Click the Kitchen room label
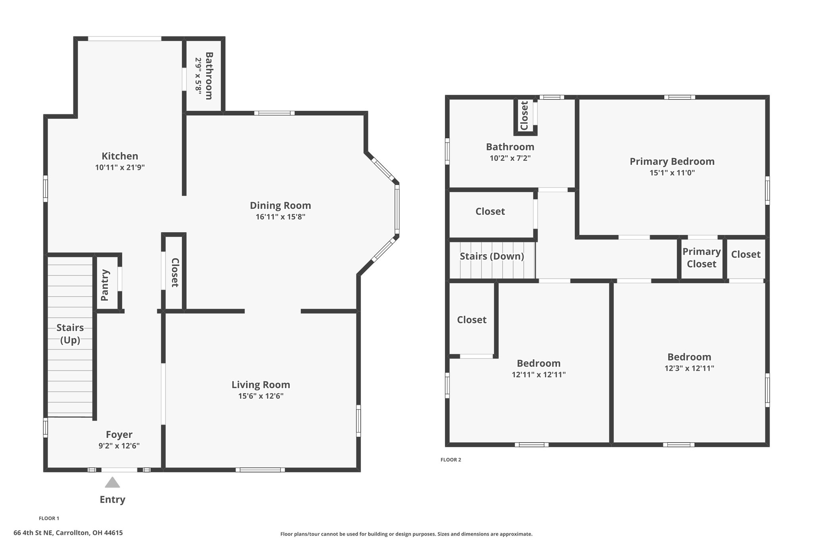pyautogui.click(x=120, y=156)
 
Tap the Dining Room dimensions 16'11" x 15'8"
pyautogui.click(x=280, y=217)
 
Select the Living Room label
pyautogui.click(x=261, y=385)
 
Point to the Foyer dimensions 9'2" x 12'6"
pyautogui.click(x=119, y=446)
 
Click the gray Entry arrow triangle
pyautogui.click(x=112, y=482)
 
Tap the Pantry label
pyautogui.click(x=105, y=285)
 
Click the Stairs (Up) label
pyautogui.click(x=70, y=334)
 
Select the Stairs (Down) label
pyautogui.click(x=492, y=256)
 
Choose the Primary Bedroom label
pyautogui.click(x=672, y=161)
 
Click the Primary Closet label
pyautogui.click(x=701, y=258)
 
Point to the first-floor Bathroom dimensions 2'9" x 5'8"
pyautogui.click(x=198, y=76)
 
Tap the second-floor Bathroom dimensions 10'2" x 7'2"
pyautogui.click(x=510, y=158)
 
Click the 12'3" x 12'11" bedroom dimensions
pyautogui.click(x=689, y=368)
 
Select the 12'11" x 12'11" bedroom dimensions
pyautogui.click(x=539, y=374)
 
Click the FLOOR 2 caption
pyautogui.click(x=451, y=460)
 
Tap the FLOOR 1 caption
pyautogui.click(x=49, y=518)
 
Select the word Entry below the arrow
pyautogui.click(x=112, y=500)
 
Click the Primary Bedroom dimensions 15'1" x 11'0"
pyautogui.click(x=672, y=173)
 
